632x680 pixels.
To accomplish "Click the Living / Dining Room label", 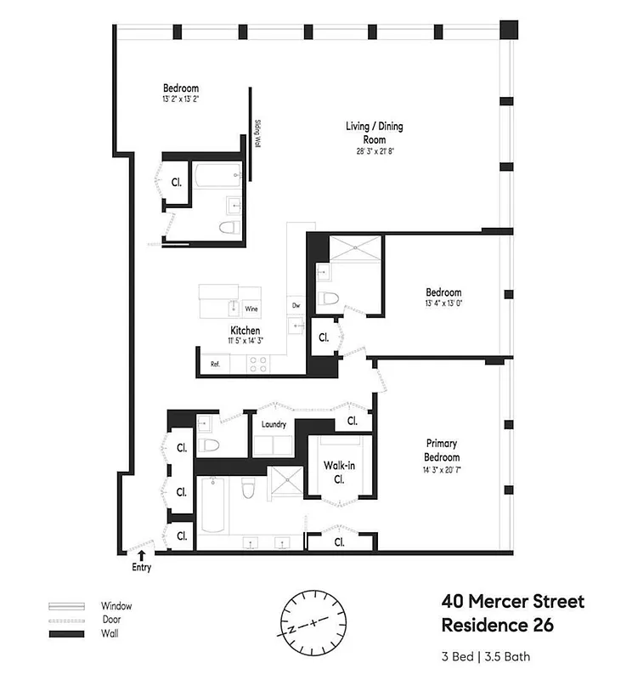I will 374,133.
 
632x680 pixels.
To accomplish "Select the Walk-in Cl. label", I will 338,472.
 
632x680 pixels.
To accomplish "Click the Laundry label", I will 274,424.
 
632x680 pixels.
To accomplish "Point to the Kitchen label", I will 245,331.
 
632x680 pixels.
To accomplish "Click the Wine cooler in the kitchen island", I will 251,309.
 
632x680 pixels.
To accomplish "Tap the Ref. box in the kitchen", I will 216,365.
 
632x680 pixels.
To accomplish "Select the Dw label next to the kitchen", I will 296,304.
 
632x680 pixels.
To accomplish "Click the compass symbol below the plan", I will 314,622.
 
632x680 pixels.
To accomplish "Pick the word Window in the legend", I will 116,606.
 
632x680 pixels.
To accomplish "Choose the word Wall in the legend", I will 110,634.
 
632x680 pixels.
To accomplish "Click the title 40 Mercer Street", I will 512,603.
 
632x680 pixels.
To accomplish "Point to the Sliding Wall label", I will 257,133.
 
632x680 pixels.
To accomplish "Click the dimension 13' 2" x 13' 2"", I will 181,99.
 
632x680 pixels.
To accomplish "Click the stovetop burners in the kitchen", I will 258,364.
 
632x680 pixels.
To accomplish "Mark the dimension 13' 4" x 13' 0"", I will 444,303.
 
